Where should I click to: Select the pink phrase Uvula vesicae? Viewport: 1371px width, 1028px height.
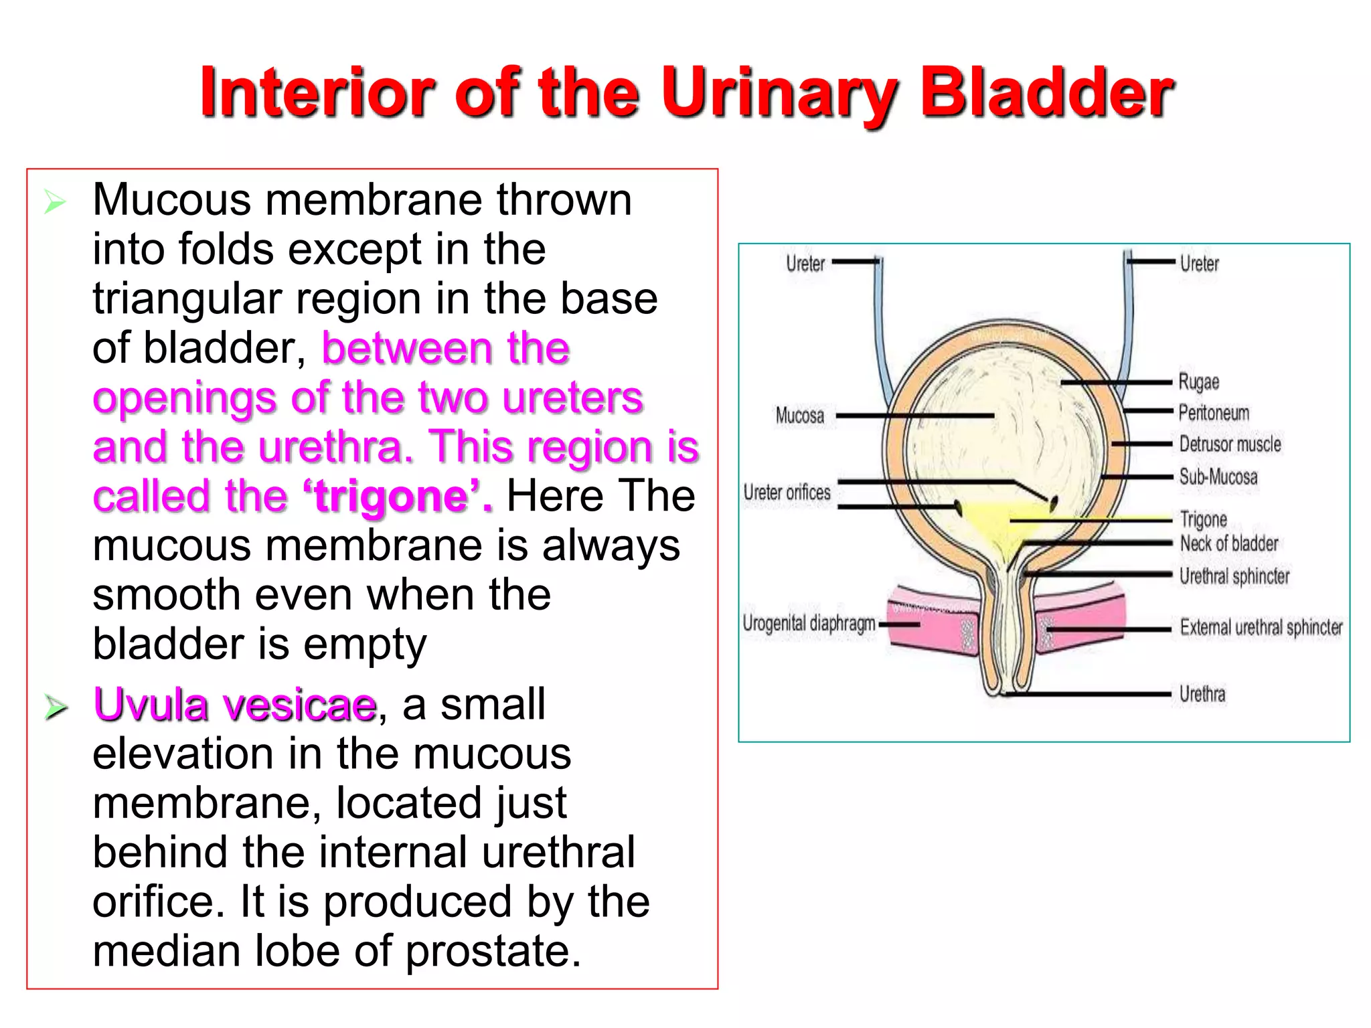tap(235, 705)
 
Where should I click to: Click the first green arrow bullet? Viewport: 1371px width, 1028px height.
tap(55, 201)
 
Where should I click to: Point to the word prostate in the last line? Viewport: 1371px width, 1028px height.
tap(492, 951)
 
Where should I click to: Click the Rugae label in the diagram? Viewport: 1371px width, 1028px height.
tap(1198, 382)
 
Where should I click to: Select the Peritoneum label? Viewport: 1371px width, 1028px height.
tap(1214, 413)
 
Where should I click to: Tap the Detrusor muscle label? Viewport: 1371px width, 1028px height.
tap(1230, 444)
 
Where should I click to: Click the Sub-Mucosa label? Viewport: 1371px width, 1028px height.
tap(1218, 477)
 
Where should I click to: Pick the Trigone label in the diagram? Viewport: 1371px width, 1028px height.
tap(1203, 519)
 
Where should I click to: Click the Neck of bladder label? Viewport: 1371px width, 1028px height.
tap(1229, 543)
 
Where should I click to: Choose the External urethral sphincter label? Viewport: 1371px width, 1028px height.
tap(1261, 628)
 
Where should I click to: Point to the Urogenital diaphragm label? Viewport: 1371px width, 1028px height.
tap(809, 624)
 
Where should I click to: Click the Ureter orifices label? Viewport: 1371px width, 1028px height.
tap(787, 493)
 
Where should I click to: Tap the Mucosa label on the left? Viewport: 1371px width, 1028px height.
tap(799, 416)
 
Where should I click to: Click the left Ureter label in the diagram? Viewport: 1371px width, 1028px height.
tap(805, 264)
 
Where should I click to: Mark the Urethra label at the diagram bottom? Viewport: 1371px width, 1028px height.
tap(1202, 694)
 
